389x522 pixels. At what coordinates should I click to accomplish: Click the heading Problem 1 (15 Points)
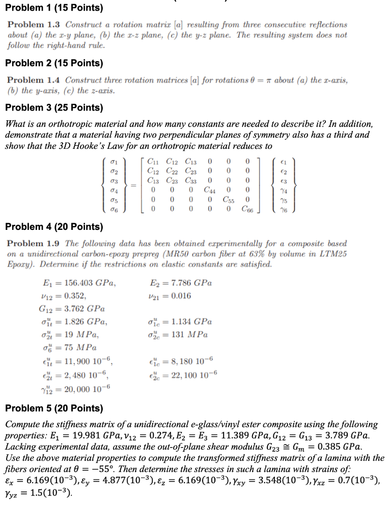pyautogui.click(x=53, y=8)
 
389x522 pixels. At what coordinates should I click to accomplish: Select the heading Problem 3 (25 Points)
pyautogui.click(x=53, y=108)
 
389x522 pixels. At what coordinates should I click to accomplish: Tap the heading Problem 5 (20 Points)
pyautogui.click(x=53, y=408)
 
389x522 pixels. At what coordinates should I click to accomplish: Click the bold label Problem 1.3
pyautogui.click(x=34, y=24)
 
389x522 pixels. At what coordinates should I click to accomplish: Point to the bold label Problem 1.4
pyautogui.click(x=34, y=80)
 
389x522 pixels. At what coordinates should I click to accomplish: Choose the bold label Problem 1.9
pyautogui.click(x=34, y=244)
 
